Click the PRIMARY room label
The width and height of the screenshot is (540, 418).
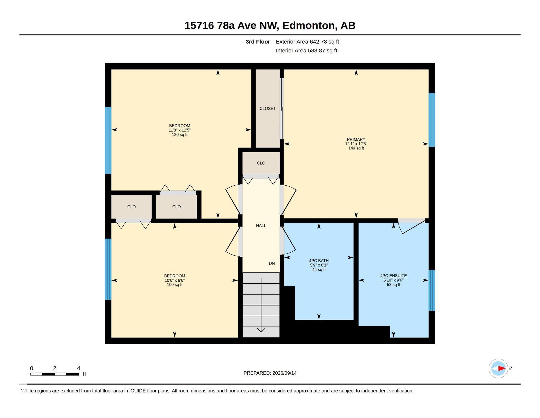pyautogui.click(x=356, y=139)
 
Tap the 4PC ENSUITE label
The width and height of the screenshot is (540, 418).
pyautogui.click(x=393, y=276)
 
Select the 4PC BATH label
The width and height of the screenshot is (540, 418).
pyautogui.click(x=319, y=261)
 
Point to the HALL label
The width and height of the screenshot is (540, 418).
pyautogui.click(x=261, y=226)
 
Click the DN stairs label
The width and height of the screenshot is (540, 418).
pyautogui.click(x=272, y=263)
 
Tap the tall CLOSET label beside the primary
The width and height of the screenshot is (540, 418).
pyautogui.click(x=268, y=109)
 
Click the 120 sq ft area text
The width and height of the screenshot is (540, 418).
pyautogui.click(x=180, y=135)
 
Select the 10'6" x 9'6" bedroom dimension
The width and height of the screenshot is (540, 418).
pyautogui.click(x=175, y=280)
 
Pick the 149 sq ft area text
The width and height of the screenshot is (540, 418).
pyautogui.click(x=356, y=148)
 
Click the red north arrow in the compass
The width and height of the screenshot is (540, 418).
pyautogui.click(x=501, y=368)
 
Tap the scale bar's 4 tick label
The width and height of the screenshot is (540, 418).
pyautogui.click(x=79, y=368)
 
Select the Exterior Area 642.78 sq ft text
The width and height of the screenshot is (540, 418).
pyautogui.click(x=307, y=42)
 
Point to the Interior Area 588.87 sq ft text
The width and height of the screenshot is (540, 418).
pyautogui.click(x=306, y=51)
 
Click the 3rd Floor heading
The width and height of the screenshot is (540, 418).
pyautogui.click(x=258, y=42)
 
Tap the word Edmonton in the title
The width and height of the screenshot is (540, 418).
pyautogui.click(x=308, y=26)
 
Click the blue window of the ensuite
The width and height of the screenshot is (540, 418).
pyautogui.click(x=432, y=290)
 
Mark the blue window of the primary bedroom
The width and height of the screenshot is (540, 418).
pyautogui.click(x=432, y=120)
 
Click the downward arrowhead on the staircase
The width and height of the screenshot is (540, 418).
pyautogui.click(x=261, y=330)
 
